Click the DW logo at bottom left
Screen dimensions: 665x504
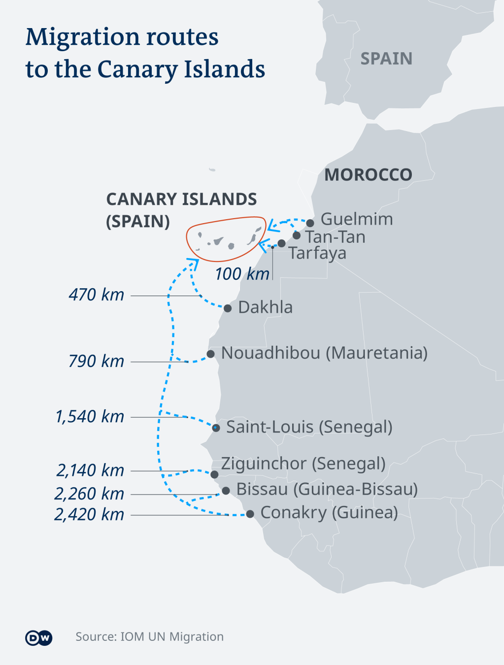(38, 638)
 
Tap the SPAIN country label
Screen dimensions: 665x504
(386, 59)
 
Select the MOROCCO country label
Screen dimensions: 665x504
(368, 175)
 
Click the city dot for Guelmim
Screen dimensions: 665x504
(310, 223)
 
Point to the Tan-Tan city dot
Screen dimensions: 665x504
(297, 235)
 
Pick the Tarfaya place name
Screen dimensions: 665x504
(318, 253)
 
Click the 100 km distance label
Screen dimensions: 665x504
(242, 274)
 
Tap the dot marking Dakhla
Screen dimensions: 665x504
(228, 308)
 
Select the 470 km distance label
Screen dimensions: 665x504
(97, 295)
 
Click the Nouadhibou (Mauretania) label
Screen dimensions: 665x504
(324, 353)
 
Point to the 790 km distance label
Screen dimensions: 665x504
(97, 361)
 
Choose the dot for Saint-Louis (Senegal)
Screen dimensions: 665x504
(216, 428)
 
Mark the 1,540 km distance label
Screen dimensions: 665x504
(90, 417)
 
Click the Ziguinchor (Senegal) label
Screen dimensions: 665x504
(303, 464)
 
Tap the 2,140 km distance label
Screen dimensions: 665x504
(90, 470)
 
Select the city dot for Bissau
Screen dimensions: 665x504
(226, 491)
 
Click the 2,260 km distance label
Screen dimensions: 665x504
(89, 494)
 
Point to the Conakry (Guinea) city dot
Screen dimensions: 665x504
(250, 514)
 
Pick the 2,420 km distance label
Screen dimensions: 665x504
(89, 515)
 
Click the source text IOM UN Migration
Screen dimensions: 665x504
(149, 637)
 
